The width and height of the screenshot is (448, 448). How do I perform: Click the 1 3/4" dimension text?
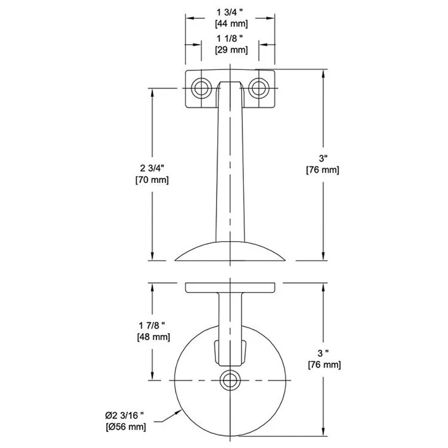pos(230,12)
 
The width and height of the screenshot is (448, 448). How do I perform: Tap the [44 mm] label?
pos(231,24)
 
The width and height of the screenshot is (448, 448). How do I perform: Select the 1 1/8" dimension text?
pos(230,39)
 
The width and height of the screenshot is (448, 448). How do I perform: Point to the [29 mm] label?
pos(231,50)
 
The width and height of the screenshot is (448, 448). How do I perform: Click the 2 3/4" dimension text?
pos(152,168)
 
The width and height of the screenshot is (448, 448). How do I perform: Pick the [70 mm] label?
pos(152,180)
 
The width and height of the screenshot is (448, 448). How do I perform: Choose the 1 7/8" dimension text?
pos(152,325)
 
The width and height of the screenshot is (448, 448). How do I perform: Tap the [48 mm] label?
pos(153,337)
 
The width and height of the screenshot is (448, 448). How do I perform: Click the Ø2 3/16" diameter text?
pos(125,415)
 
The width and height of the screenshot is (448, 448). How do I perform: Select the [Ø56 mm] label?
pos(125,427)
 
